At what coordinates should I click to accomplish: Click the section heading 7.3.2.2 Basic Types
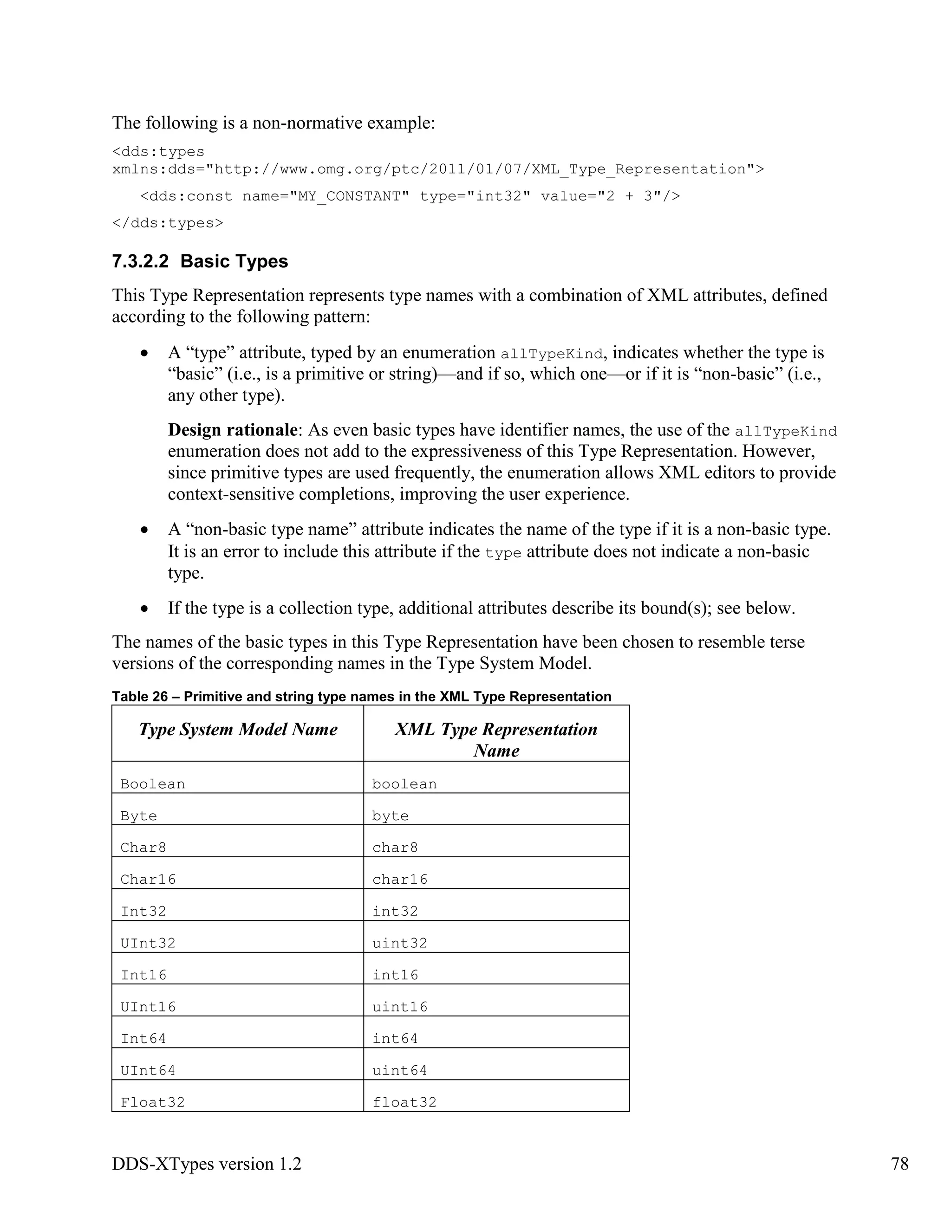(x=200, y=262)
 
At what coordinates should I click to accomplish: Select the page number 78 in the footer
(x=899, y=1164)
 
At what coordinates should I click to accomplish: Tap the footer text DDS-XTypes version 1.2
(x=207, y=1164)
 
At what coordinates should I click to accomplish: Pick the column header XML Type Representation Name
(x=496, y=739)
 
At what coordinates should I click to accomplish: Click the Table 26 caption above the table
(x=361, y=697)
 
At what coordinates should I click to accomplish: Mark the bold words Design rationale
(x=233, y=430)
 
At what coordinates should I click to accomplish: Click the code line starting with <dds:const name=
(x=410, y=196)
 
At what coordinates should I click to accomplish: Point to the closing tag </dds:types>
(x=167, y=223)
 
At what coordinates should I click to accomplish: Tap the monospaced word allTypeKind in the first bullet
(x=552, y=354)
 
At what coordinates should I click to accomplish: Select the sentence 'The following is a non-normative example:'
(x=273, y=123)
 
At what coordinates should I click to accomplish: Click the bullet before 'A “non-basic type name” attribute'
(x=145, y=531)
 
